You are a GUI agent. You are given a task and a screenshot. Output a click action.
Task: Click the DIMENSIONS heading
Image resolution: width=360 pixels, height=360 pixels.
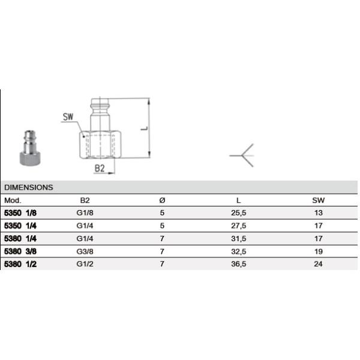coord(28,187)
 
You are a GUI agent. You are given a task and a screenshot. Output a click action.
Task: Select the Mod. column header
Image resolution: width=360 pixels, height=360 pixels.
coord(13,200)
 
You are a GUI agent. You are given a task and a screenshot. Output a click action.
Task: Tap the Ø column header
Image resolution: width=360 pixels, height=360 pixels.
coord(162,200)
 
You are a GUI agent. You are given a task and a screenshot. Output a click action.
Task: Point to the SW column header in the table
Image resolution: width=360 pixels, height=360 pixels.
coord(318,200)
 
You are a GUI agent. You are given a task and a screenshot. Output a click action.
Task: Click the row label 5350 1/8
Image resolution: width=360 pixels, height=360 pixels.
coord(20,213)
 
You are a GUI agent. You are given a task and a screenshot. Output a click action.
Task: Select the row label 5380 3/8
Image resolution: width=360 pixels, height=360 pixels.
coord(20,251)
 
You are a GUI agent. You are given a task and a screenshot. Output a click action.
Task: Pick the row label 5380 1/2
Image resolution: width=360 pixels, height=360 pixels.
coord(20,264)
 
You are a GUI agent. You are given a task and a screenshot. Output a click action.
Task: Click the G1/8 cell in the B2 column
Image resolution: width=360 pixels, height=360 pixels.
coord(85,213)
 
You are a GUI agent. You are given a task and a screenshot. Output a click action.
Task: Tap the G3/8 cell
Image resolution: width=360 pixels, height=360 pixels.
coord(85,251)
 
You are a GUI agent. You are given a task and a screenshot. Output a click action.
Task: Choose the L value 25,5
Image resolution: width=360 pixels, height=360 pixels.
coord(239,213)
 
